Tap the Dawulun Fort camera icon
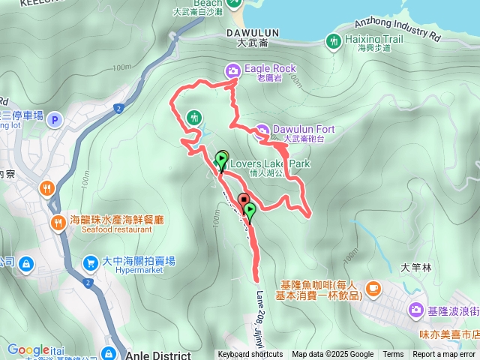262,131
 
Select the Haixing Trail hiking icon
334,40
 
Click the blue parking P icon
53,120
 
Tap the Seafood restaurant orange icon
58,223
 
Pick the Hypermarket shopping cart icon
90,263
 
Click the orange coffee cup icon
373,289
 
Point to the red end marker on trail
244,200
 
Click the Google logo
28,349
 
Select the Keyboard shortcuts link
250,355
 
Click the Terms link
393,355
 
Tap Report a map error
445,355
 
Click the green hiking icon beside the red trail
194,117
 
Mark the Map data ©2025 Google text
332,355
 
